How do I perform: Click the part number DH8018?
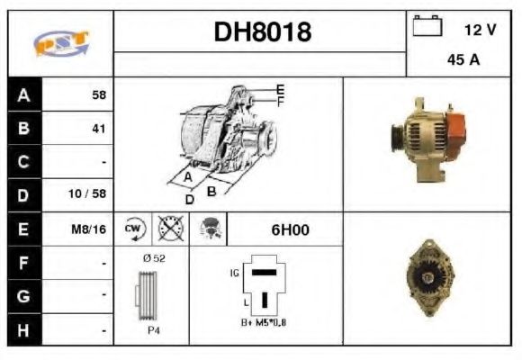tap(262, 32)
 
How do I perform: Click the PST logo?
tap(60, 43)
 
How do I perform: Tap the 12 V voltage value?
tap(479, 30)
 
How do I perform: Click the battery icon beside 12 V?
tap(427, 27)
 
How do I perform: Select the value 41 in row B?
tap(98, 128)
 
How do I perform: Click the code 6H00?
tap(290, 229)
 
